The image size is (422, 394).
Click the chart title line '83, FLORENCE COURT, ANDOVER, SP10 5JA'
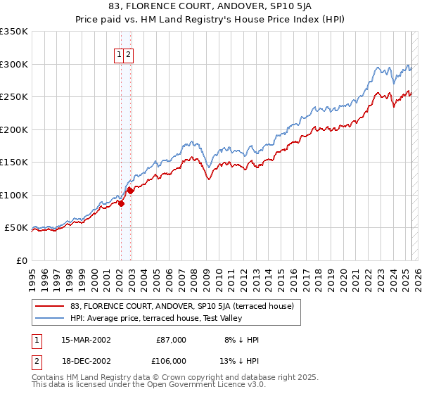coord(211,7)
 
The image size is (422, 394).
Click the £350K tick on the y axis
coord(14,32)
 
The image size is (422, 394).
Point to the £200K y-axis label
coord(14,129)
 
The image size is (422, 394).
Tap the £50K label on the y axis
coord(16,228)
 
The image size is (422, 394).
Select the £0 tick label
coord(22,260)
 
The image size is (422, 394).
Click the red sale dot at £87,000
coord(120,204)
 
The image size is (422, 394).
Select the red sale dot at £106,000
coord(130,191)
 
